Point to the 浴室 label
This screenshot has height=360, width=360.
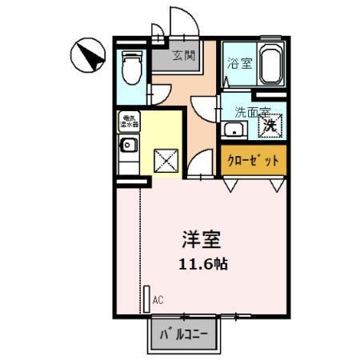coord(238,64)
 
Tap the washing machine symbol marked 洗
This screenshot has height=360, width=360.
coord(272,125)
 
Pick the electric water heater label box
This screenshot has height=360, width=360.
coord(129,122)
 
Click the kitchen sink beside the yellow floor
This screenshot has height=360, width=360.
coord(128,146)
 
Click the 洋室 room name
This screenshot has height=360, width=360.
coord(200,239)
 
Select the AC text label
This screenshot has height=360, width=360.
coord(158,300)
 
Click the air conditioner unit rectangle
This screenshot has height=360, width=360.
coord(146,298)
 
